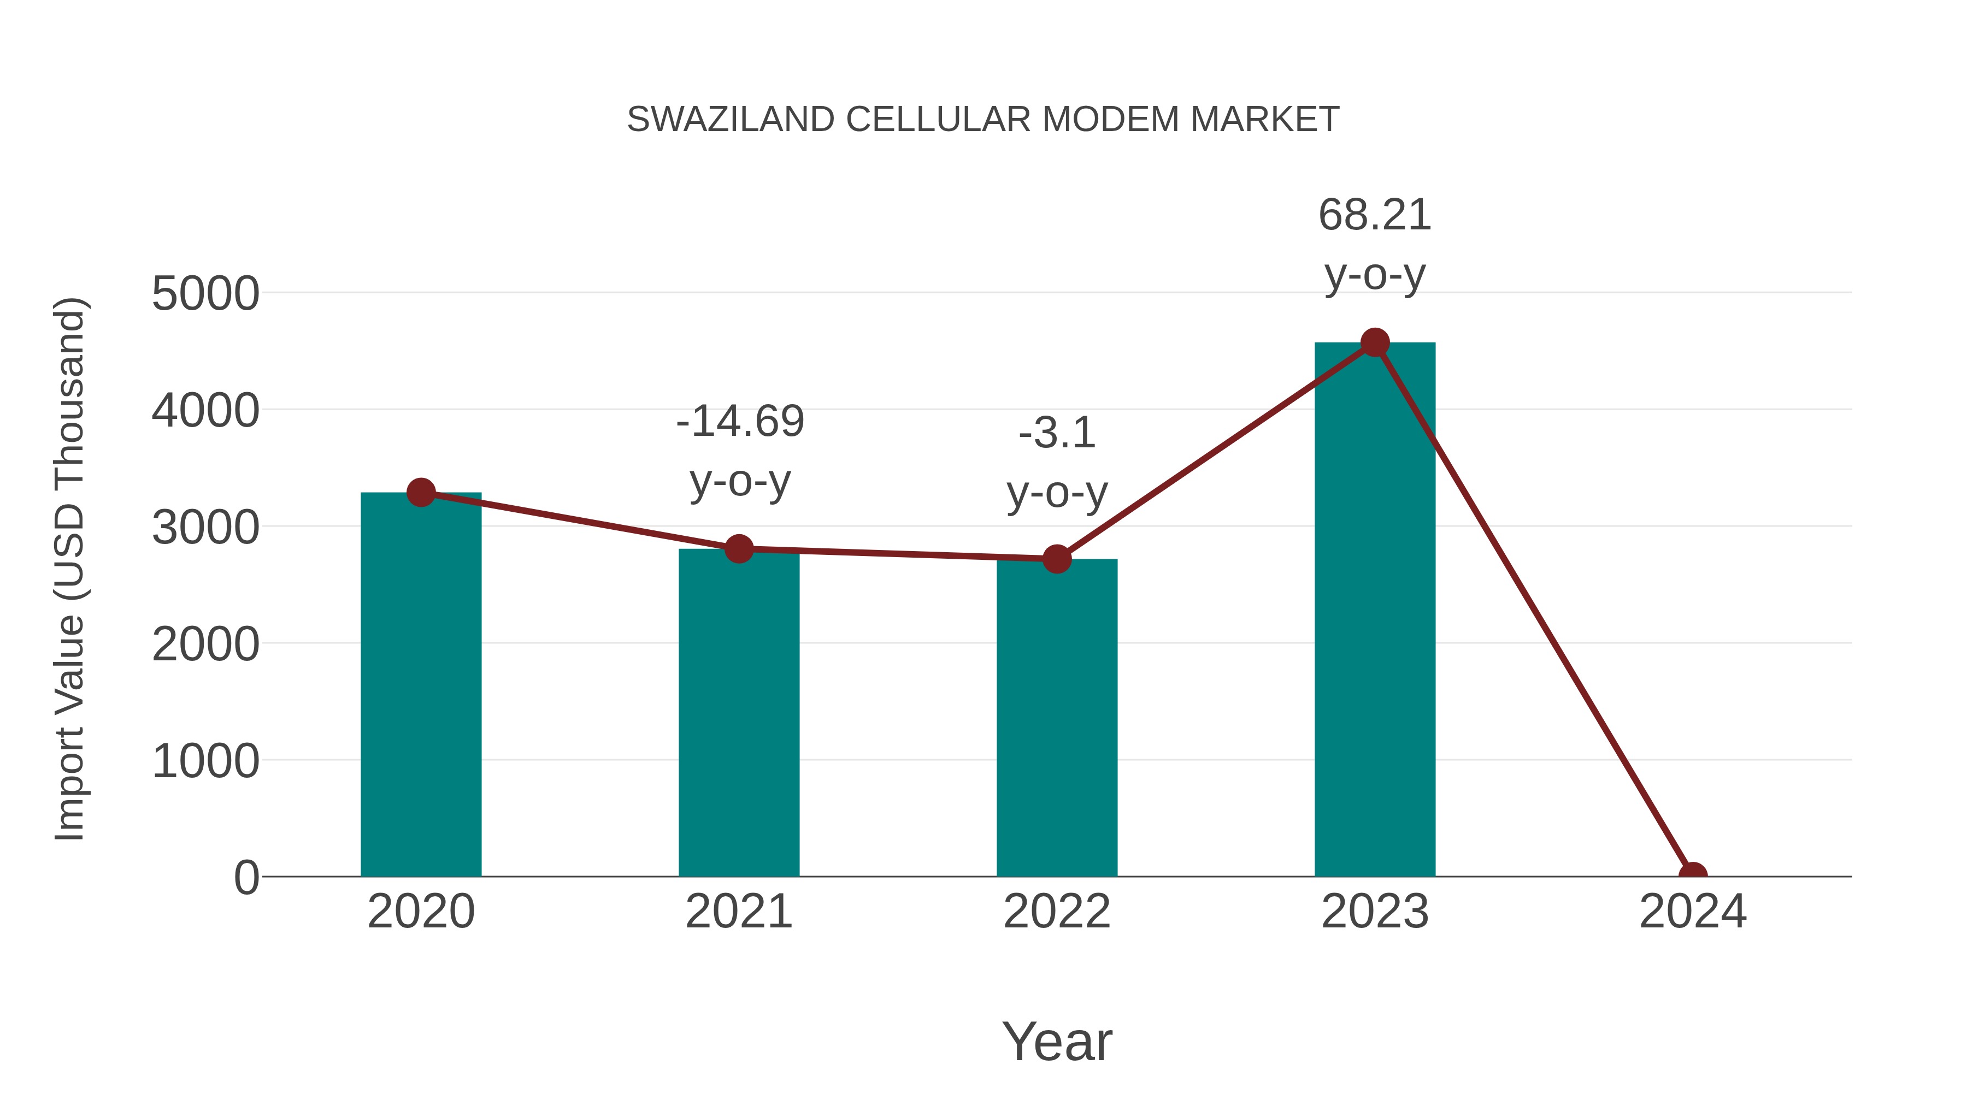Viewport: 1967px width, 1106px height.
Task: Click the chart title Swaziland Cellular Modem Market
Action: coord(983,120)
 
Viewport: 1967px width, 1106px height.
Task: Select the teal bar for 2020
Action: coord(421,687)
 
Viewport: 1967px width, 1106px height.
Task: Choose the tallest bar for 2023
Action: coord(1375,611)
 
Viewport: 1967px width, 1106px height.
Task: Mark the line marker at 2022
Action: coord(1056,559)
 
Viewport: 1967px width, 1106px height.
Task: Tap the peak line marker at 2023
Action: coord(1375,342)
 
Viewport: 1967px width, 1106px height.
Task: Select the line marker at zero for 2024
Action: coord(1692,875)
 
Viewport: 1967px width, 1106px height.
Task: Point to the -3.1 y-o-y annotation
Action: coord(1057,463)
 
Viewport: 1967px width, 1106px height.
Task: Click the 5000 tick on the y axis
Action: coord(205,294)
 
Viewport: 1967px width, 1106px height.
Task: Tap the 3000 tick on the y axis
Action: coord(205,528)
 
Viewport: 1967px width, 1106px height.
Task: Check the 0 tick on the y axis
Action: coord(246,878)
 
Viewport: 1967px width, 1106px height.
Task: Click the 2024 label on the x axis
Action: coord(1692,912)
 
